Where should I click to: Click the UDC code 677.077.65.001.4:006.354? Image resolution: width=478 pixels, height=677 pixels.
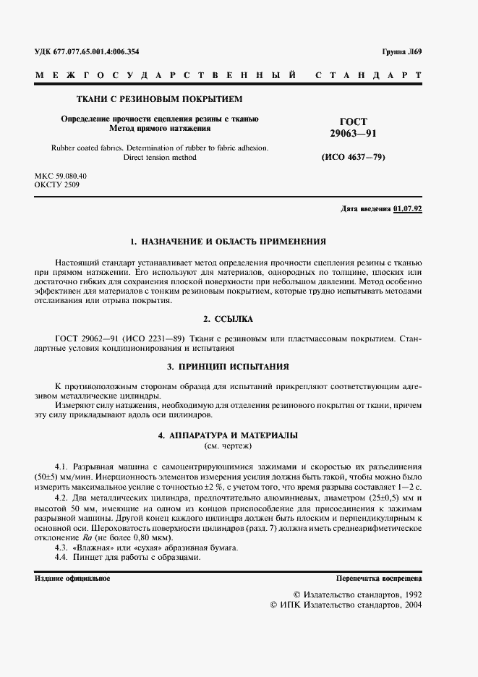[x=97, y=51]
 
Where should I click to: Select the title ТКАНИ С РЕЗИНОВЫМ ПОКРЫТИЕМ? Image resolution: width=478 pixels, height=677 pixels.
[x=160, y=98]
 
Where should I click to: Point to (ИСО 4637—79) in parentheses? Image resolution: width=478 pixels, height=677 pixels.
[x=353, y=157]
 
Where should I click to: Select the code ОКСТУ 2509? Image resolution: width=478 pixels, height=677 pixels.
[x=57, y=185]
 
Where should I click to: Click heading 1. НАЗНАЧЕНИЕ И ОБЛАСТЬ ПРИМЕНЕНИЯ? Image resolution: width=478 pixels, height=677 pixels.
[x=227, y=242]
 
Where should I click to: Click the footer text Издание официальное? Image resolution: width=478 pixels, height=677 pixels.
[x=72, y=579]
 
